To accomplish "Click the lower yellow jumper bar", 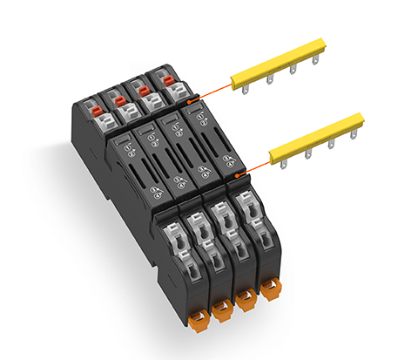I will pyautogui.click(x=317, y=139).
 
